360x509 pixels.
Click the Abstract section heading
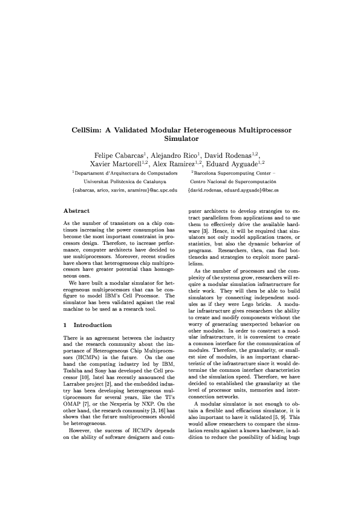(x=77, y=211)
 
